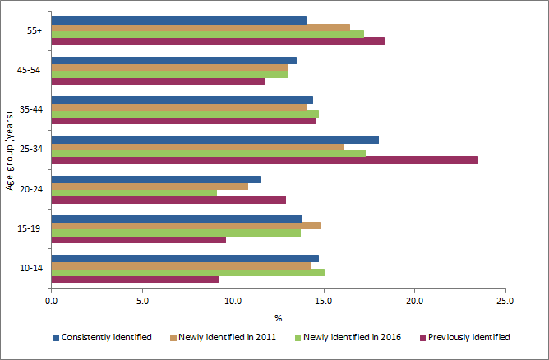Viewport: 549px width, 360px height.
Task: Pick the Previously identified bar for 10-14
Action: coord(135,279)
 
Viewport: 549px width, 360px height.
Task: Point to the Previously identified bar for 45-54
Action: coord(158,81)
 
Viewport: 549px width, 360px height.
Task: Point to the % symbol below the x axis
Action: coord(278,317)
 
